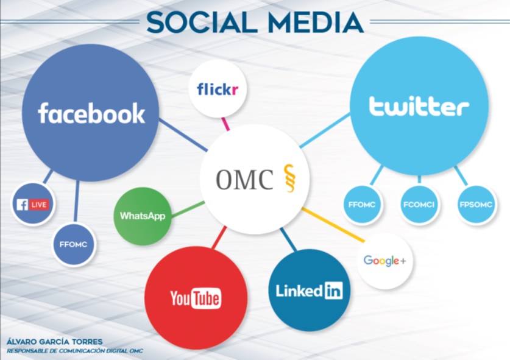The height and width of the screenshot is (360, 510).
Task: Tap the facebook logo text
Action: point(91,113)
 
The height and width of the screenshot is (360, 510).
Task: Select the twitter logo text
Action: point(419,106)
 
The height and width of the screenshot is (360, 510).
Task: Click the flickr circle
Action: point(218,88)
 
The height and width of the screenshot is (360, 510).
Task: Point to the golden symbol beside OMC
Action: point(289,178)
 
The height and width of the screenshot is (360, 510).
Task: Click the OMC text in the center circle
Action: point(244,179)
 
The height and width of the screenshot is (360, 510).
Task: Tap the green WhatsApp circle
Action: point(143,216)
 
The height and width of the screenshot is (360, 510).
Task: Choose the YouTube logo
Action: point(196,298)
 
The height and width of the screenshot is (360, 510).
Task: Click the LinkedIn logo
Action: point(310,291)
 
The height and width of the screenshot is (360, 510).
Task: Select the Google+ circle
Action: point(384,261)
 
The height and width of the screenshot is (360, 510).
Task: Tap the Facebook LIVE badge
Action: point(33,205)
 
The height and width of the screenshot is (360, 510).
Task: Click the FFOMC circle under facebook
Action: point(74,244)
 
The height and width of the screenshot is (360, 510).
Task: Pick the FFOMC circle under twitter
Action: point(362,205)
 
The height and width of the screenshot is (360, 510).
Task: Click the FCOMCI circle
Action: point(419,205)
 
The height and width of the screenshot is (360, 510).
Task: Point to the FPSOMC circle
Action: point(476,205)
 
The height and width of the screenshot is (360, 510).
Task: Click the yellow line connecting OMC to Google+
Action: point(333,225)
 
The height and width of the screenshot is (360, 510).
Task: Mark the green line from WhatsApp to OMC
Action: point(188,209)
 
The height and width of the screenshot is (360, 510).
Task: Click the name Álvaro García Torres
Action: point(55,342)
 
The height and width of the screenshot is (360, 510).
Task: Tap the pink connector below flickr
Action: point(225,124)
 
